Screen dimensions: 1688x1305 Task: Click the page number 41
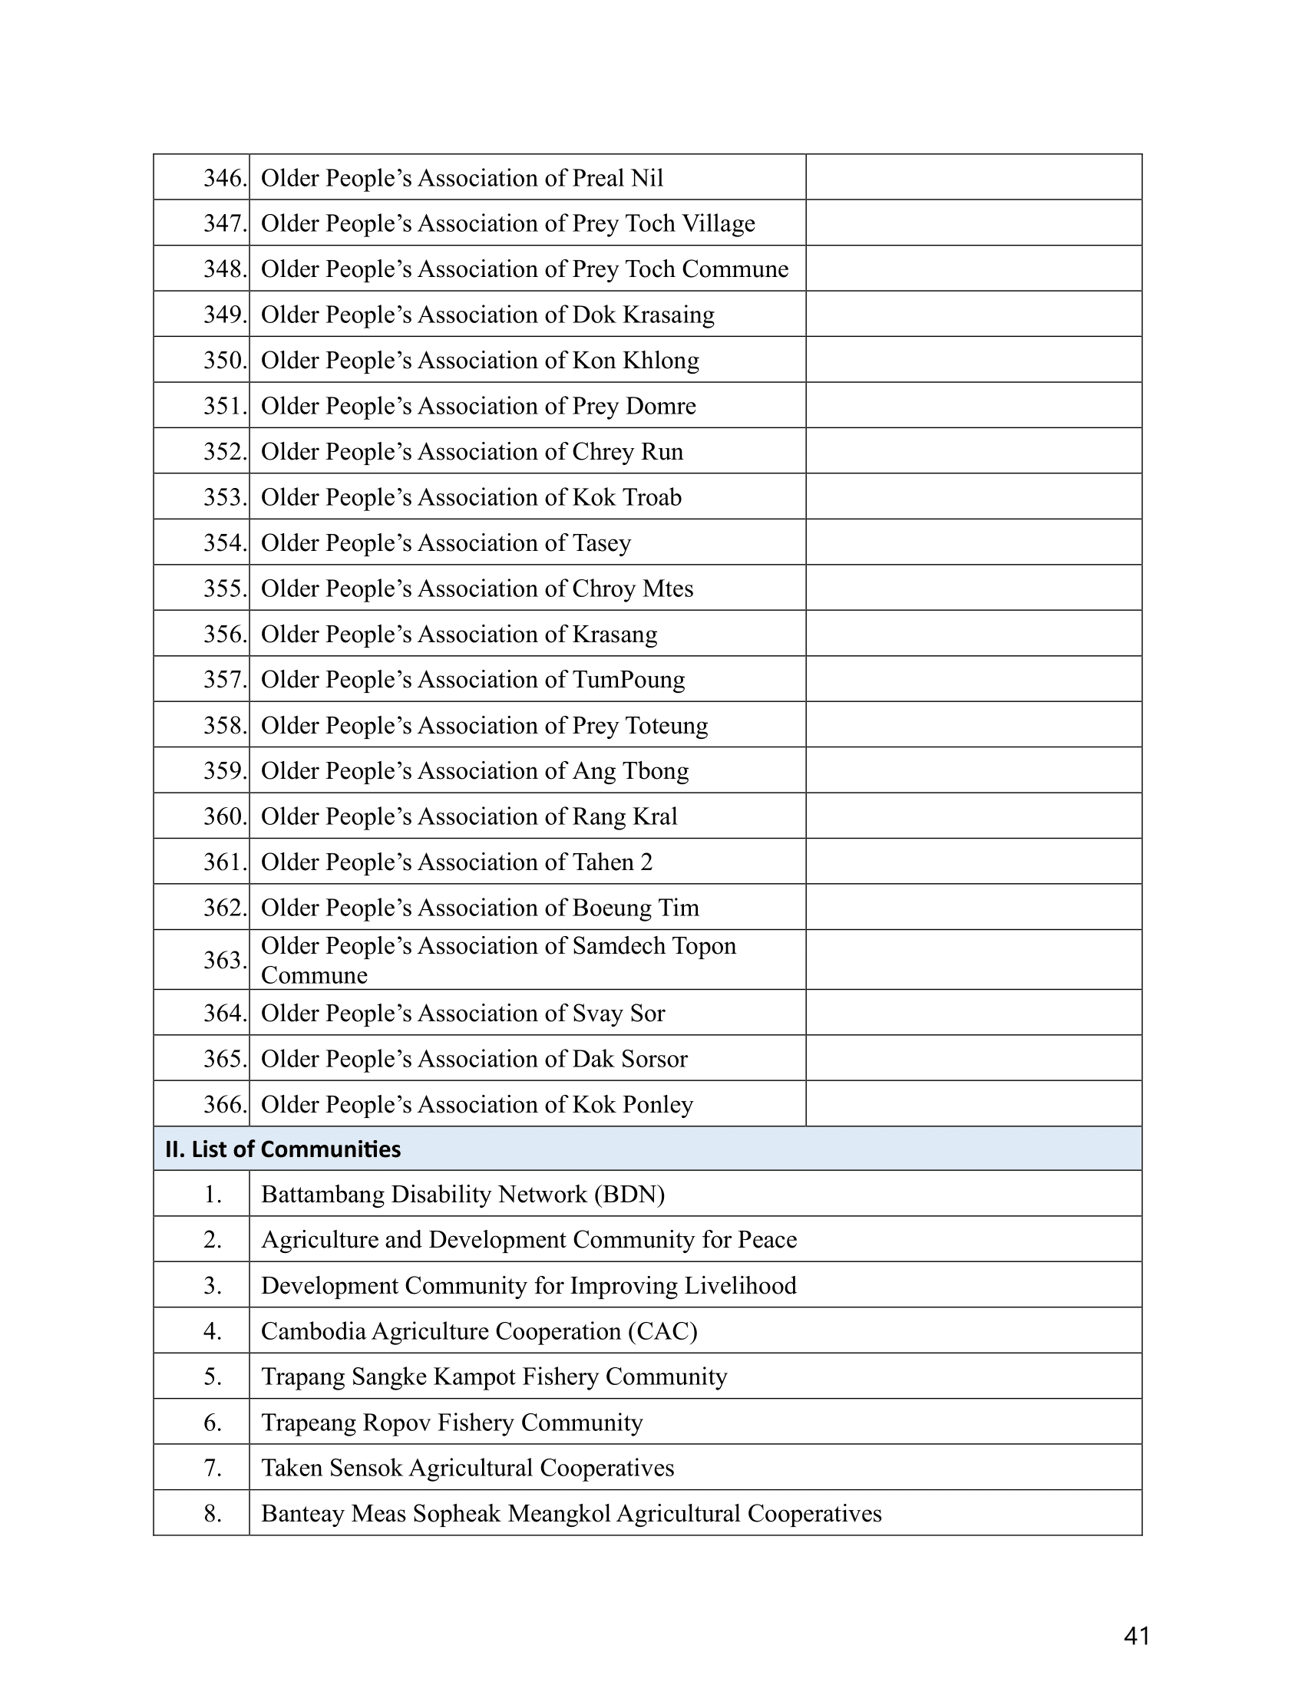(1135, 1636)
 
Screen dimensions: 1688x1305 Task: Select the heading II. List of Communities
(283, 1149)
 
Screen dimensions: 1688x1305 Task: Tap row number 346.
(224, 178)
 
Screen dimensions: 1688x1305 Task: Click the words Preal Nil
(617, 178)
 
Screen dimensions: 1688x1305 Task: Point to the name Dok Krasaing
(643, 315)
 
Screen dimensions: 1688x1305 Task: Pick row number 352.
(224, 451)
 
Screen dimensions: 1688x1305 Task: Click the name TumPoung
(628, 679)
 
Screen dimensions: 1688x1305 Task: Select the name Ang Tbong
(630, 770)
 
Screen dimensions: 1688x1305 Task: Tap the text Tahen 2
(613, 862)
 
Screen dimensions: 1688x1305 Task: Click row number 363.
(224, 960)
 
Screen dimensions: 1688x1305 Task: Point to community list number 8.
(213, 1514)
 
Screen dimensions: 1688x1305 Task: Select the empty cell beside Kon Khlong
(973, 360)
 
